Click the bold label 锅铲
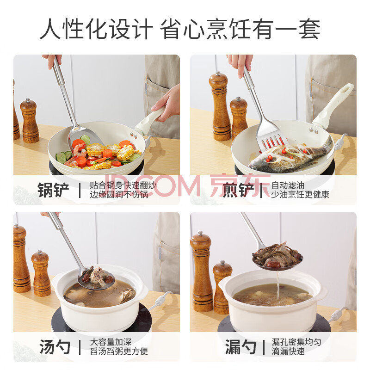click(53, 190)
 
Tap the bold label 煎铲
click(238, 190)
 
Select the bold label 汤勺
click(55, 347)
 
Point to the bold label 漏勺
click(240, 347)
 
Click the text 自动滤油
click(288, 185)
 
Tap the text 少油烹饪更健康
click(300, 195)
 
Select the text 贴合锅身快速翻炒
click(123, 185)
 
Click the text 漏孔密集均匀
click(296, 342)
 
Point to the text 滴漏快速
click(288, 351)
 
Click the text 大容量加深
click(111, 342)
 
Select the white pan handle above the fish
click(333, 107)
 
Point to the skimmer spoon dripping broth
click(277, 257)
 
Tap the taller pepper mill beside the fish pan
click(219, 106)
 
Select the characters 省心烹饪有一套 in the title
click(240, 29)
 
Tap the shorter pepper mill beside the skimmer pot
click(222, 287)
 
